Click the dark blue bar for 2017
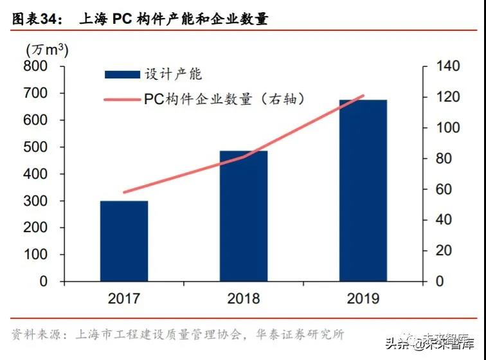point(124,241)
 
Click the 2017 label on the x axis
point(124,298)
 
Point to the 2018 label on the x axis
point(244,298)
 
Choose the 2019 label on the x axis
point(363,298)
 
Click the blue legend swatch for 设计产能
point(122,75)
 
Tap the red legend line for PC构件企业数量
point(122,100)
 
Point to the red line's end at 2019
point(364,96)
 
